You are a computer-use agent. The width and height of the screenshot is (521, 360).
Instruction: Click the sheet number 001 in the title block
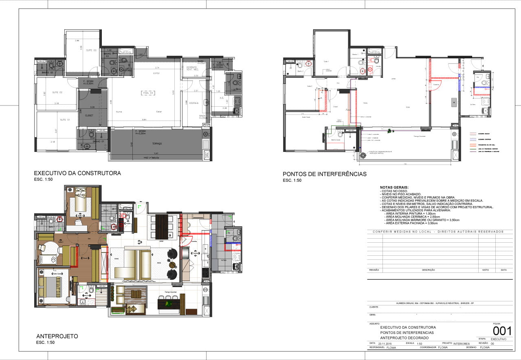(502, 330)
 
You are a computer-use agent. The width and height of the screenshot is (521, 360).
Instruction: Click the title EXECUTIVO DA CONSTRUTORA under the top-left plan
(77, 173)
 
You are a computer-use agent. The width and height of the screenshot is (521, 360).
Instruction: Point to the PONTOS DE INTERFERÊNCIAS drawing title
(325, 174)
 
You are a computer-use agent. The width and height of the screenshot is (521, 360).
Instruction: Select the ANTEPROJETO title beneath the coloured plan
(57, 336)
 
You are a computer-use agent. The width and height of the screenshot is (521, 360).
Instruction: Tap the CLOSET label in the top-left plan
(89, 115)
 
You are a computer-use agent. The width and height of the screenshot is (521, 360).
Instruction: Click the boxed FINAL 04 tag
(147, 92)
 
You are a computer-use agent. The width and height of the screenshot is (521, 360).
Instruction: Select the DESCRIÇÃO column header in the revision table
(429, 270)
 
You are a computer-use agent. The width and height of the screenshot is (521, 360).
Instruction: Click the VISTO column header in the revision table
(486, 270)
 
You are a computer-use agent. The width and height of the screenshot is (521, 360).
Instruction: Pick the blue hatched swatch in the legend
(473, 138)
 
